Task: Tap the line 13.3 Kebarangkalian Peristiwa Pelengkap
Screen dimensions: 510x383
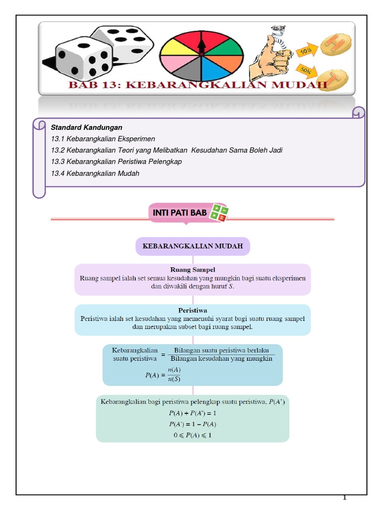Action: coord(116,162)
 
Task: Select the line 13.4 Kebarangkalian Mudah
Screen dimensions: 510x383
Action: coord(95,173)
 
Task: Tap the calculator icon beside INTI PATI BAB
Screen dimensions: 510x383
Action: coord(219,212)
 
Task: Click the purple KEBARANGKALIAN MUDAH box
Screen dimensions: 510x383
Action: coord(192,247)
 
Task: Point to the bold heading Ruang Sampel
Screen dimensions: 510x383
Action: coord(192,270)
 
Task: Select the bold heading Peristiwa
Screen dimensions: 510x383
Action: coord(192,309)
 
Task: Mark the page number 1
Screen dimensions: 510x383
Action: coord(344,498)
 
